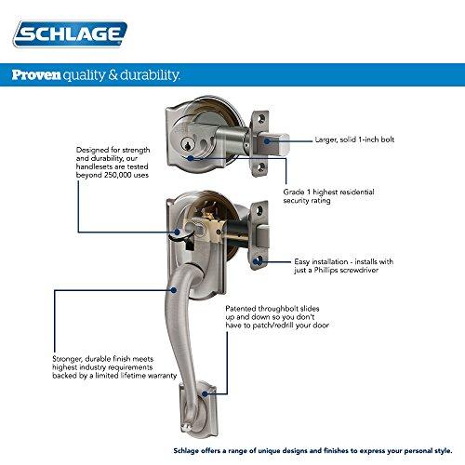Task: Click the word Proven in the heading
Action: pyautogui.click(x=36, y=75)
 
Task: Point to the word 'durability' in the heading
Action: pyautogui.click(x=149, y=75)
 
